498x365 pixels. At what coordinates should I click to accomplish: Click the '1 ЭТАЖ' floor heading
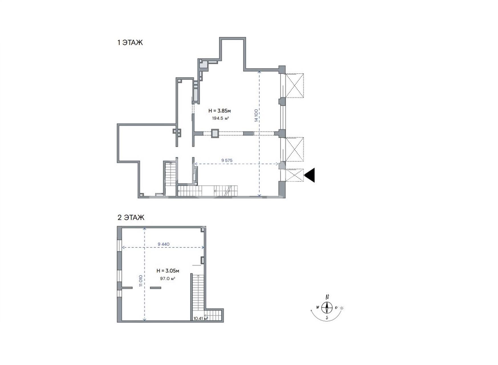click(130, 43)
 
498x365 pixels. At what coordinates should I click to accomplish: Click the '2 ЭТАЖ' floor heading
click(131, 218)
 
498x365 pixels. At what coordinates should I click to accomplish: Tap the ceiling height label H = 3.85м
click(219, 111)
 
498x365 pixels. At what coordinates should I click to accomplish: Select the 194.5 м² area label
click(221, 118)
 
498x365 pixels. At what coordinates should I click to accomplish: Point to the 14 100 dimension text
click(256, 115)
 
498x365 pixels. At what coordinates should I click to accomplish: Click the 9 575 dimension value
click(227, 161)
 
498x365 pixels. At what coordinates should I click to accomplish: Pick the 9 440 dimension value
click(164, 244)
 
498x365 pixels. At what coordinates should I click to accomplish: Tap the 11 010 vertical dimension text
click(141, 281)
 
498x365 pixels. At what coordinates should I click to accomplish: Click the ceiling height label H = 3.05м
click(168, 271)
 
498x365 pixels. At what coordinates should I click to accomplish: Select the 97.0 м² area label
click(168, 279)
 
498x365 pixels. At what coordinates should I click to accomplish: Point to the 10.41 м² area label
click(201, 319)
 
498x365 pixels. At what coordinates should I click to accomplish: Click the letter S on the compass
click(327, 318)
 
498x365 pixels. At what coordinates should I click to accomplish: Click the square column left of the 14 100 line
click(215, 133)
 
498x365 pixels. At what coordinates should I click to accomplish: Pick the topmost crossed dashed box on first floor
click(295, 86)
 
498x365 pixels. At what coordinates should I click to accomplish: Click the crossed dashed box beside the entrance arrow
click(295, 175)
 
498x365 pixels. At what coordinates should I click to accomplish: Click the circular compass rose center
click(327, 308)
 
